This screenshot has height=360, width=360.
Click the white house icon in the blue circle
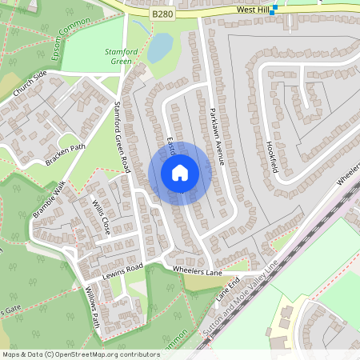pyautogui.click(x=180, y=173)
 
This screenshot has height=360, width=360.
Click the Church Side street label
pyautogui.click(x=30, y=84)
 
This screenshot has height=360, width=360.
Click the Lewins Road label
pyautogui.click(x=122, y=270)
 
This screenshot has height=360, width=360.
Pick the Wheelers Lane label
pyautogui.click(x=197, y=271)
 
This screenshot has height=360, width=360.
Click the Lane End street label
pyautogui.click(x=228, y=289)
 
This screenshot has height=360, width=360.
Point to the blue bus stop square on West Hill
pyautogui.click(x=274, y=9)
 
